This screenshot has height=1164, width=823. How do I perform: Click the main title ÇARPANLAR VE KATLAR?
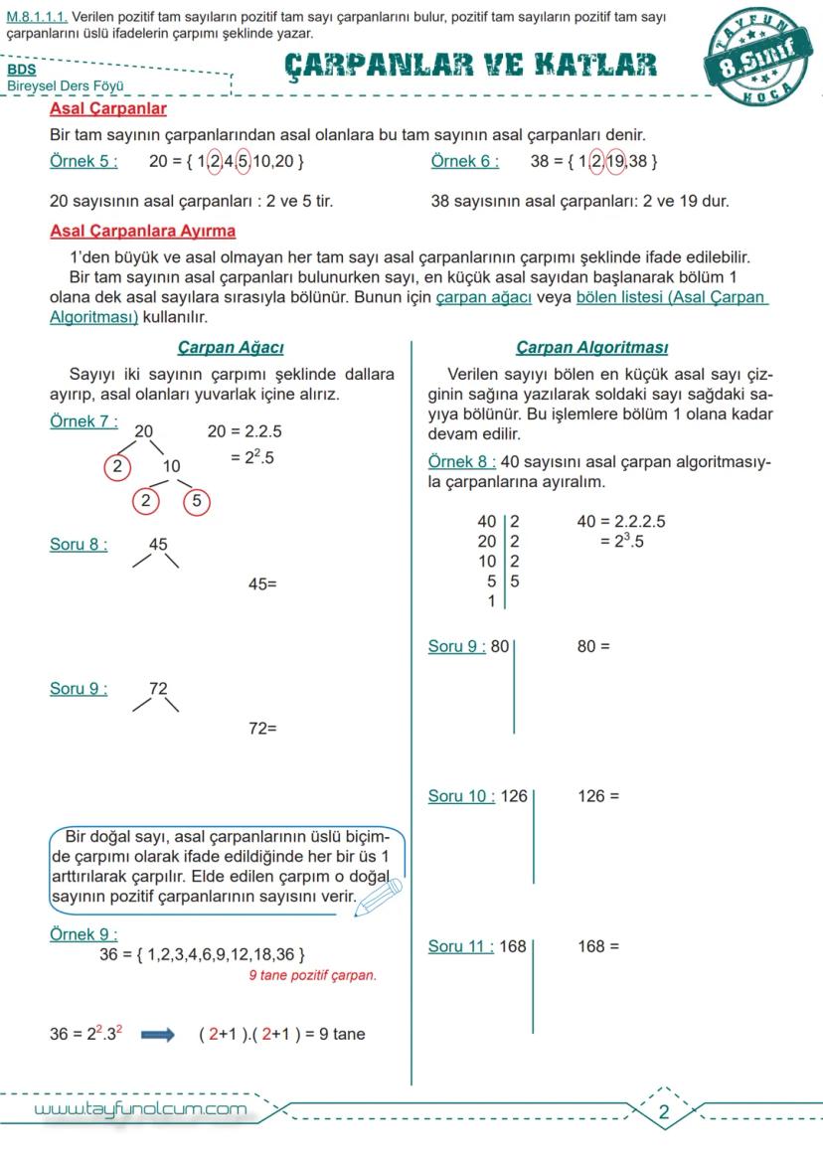pyautogui.click(x=470, y=66)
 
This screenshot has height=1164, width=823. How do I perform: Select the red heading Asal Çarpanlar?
pyautogui.click(x=108, y=108)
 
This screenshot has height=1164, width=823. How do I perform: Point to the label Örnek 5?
pyautogui.click(x=83, y=161)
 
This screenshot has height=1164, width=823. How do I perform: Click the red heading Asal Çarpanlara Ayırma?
pyautogui.click(x=143, y=232)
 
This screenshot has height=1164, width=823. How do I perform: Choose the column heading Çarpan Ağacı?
pyautogui.click(x=231, y=347)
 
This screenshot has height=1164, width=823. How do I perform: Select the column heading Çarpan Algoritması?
pyautogui.click(x=591, y=347)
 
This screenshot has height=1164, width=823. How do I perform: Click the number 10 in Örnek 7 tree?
pyautogui.click(x=172, y=465)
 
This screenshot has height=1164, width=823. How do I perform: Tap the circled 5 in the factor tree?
pyautogui.click(x=197, y=501)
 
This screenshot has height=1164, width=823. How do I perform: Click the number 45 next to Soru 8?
pyautogui.click(x=159, y=544)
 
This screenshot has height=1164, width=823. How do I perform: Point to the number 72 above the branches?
pyautogui.click(x=159, y=688)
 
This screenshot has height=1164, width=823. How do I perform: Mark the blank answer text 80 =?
pyautogui.click(x=593, y=646)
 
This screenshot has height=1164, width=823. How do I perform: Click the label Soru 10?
pyautogui.click(x=461, y=796)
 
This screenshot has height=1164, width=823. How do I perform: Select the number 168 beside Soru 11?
pyautogui.click(x=513, y=946)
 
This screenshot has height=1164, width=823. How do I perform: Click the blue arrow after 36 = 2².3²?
pyautogui.click(x=158, y=1034)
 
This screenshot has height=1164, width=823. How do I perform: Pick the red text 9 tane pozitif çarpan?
pyautogui.click(x=313, y=975)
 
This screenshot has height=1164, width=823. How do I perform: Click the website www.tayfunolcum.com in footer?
pyautogui.click(x=140, y=1108)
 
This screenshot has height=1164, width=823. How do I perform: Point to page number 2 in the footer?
pyautogui.click(x=664, y=1112)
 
